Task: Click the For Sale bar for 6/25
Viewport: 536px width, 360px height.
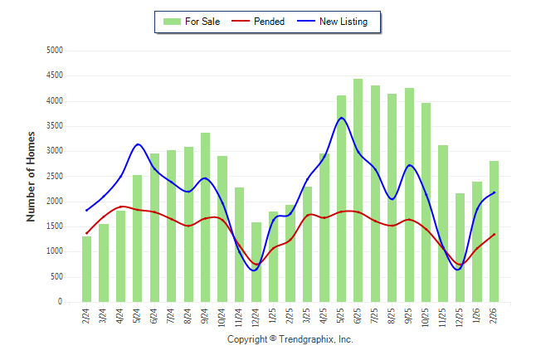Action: pos(358,191)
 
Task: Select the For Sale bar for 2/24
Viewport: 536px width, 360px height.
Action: pos(86,270)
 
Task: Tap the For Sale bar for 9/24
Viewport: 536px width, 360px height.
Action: pos(205,217)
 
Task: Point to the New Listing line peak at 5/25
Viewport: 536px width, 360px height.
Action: pos(341,118)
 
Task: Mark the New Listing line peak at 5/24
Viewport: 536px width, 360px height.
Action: pos(138,144)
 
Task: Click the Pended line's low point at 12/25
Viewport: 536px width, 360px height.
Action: pos(460,265)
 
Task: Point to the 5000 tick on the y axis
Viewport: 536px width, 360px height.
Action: pos(55,51)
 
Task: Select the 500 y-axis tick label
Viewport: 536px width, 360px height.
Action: pos(57,277)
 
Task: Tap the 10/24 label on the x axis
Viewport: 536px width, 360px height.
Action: pos(222,317)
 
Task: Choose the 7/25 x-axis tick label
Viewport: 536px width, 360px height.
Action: pos(375,317)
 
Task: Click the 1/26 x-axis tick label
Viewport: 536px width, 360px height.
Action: pos(477,317)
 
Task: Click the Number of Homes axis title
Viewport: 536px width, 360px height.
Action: pos(31,176)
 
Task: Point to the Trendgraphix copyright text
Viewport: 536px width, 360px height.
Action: pos(290,339)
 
